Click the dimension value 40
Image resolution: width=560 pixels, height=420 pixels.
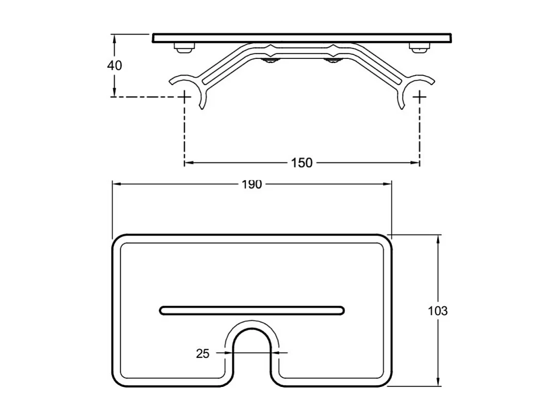(x=115, y=66)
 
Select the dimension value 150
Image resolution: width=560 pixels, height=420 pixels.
(x=301, y=163)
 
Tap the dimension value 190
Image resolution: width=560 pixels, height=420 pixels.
(x=252, y=184)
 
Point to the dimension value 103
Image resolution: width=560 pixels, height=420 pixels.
(x=438, y=311)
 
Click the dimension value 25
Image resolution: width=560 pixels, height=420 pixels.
(x=203, y=353)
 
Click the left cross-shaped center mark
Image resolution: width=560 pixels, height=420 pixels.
(x=185, y=97)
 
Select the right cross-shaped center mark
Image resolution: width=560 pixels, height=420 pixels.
(x=420, y=97)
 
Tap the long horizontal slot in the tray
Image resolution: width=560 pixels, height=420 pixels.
(x=252, y=310)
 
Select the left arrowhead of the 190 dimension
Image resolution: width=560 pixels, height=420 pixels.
(x=116, y=184)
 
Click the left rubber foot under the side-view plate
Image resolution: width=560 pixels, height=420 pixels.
(x=185, y=48)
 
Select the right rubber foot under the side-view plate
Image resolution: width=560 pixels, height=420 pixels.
(x=419, y=48)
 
